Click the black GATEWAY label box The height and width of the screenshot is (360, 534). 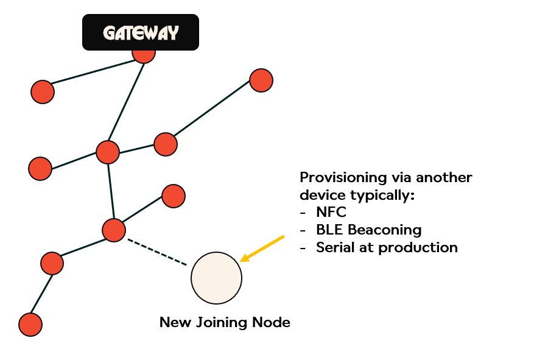141,32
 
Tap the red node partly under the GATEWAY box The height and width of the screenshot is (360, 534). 144,54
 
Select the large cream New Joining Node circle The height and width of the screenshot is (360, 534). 216,278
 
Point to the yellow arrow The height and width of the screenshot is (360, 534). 262,248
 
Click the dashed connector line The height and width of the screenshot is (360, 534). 156,252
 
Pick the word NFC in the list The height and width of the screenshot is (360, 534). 331,213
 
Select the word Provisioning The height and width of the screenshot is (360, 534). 342,178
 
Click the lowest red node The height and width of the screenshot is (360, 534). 30,325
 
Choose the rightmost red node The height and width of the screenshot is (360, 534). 261,80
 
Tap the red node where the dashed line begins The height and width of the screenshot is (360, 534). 114,230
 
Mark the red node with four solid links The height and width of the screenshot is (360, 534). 108,152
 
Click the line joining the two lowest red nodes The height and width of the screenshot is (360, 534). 41,294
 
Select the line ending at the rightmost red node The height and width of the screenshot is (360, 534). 213,112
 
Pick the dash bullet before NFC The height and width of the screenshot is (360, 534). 303,213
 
